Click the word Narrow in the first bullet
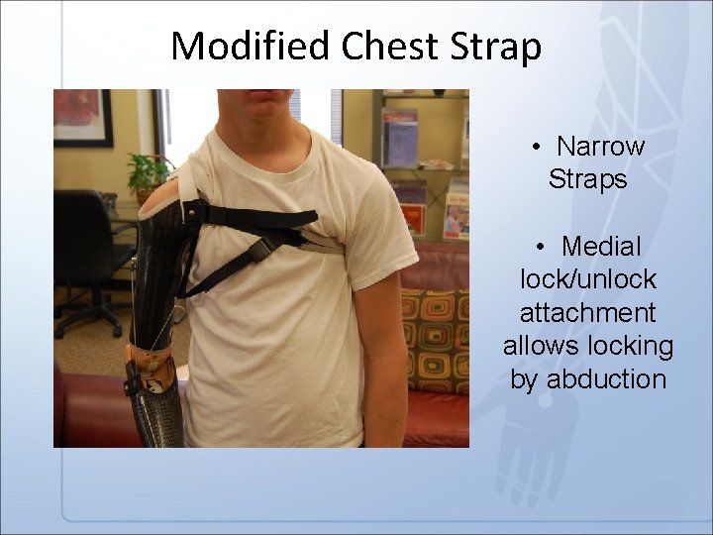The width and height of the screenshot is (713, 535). coord(600,147)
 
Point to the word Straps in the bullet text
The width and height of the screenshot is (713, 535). coord(587,180)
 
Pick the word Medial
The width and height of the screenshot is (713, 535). coord(601,245)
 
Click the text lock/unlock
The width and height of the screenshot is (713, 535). coord(587,278)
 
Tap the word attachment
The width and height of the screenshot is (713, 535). coord(587,312)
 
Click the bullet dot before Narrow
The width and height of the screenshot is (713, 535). coord(535,148)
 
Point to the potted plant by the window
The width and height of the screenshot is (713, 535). coord(149,174)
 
